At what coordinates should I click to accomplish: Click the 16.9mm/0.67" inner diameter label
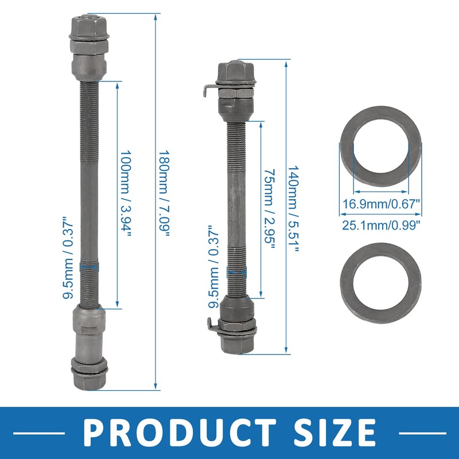pos(382,203)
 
